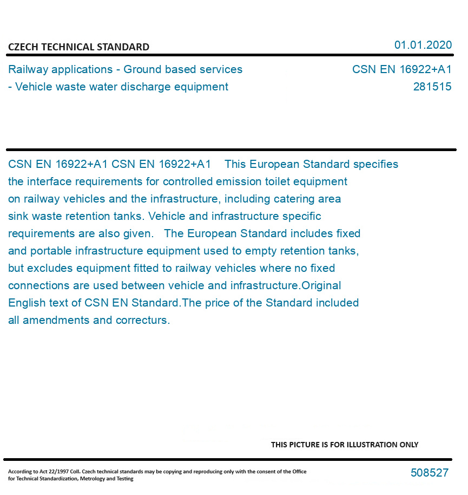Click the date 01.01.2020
click(x=423, y=45)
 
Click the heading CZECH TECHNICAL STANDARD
click(x=78, y=47)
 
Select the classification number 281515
click(x=432, y=87)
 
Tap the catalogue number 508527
click(x=429, y=473)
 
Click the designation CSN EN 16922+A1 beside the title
click(x=401, y=69)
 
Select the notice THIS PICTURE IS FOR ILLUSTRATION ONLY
click(x=345, y=445)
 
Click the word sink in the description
click(x=18, y=216)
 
